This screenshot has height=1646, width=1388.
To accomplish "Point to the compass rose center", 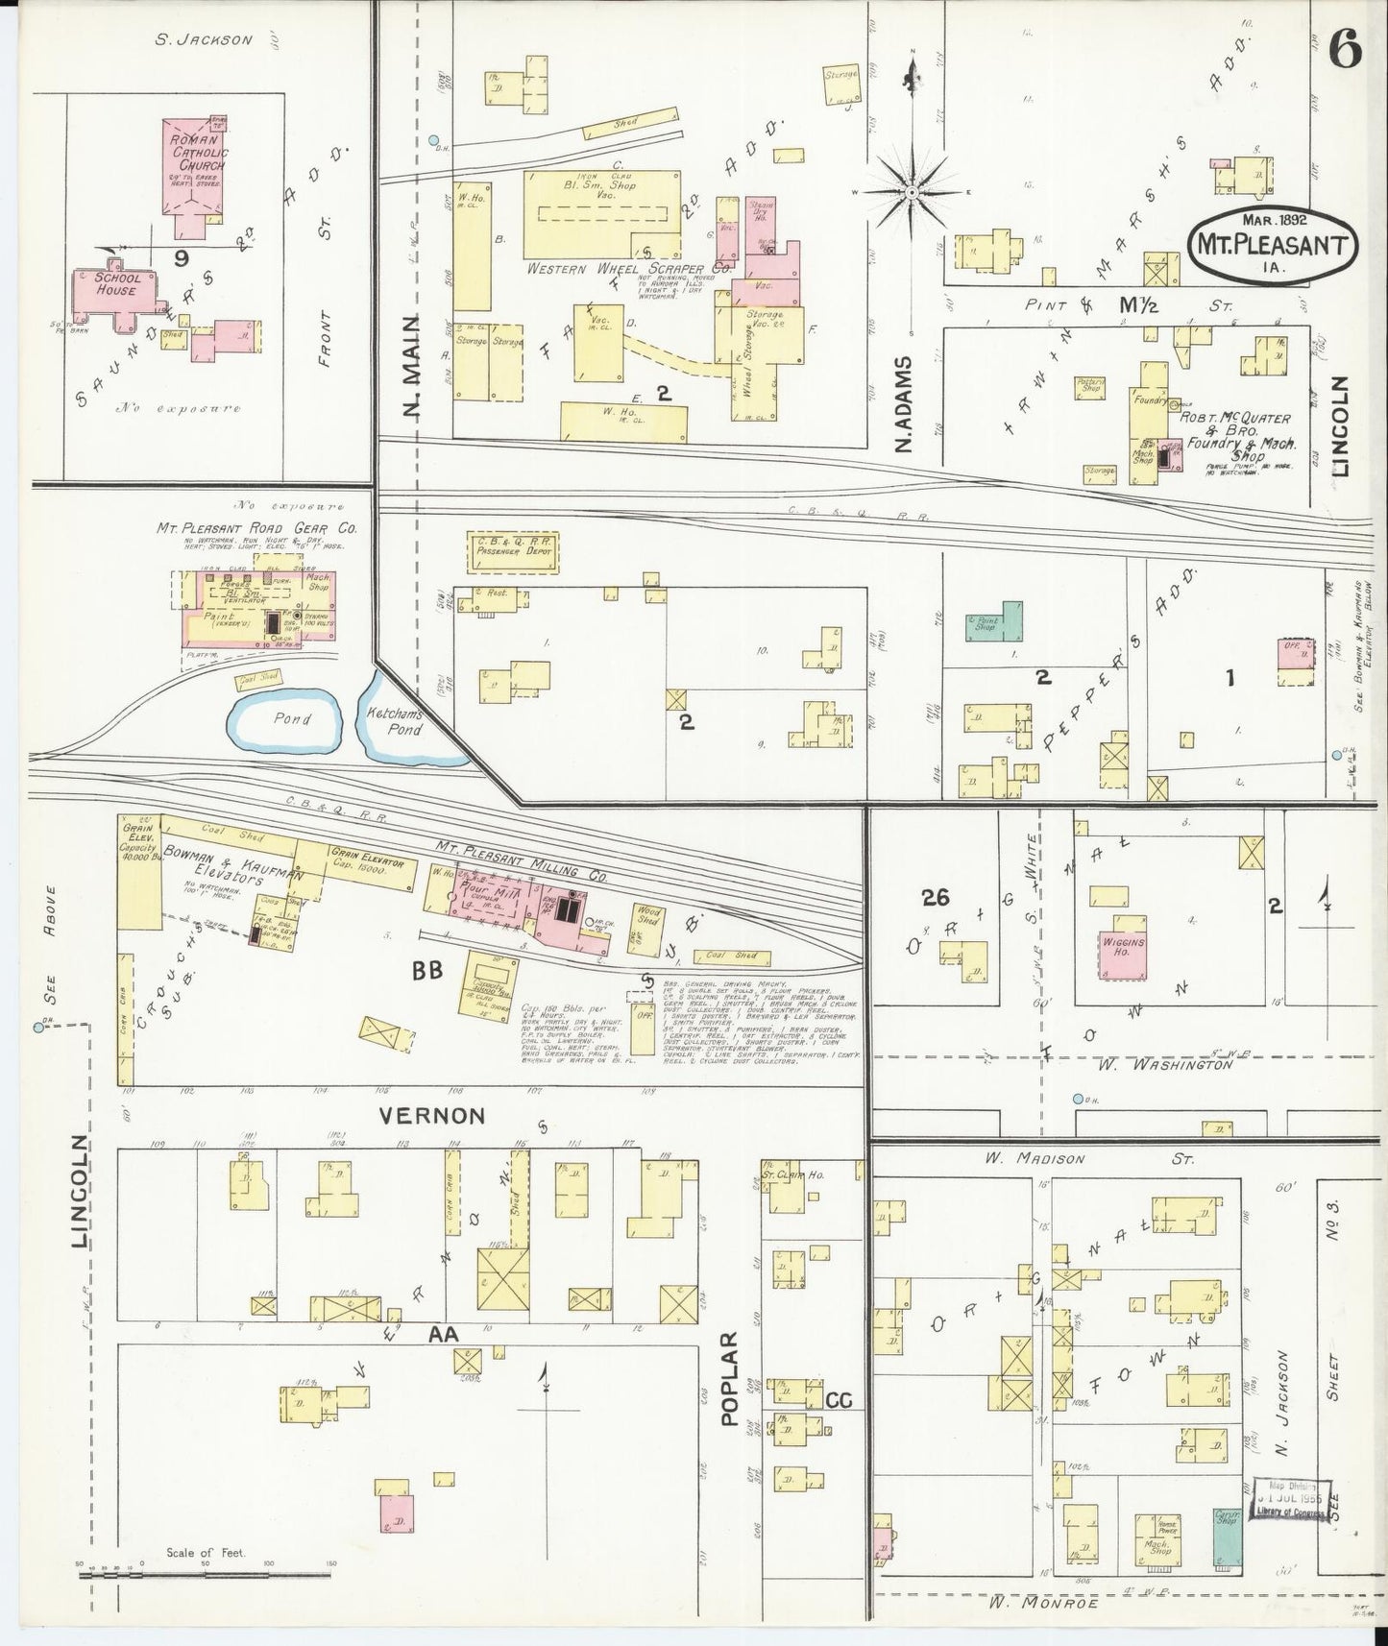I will (x=910, y=192).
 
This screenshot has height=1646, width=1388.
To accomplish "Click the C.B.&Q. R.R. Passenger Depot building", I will (x=512, y=554).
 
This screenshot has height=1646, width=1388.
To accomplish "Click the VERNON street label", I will (x=431, y=1115).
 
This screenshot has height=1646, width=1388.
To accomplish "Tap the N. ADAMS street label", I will (x=902, y=403).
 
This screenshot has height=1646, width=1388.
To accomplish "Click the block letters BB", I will (x=426, y=972).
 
